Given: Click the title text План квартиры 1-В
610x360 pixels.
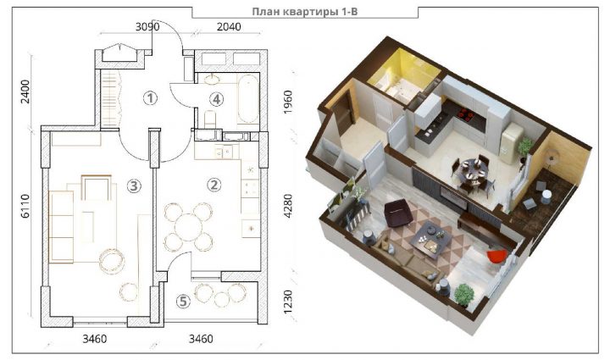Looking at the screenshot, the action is click(305, 12).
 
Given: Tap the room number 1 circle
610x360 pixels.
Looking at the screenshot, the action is click(150, 98).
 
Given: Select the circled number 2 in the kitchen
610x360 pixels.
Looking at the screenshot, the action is click(214, 185).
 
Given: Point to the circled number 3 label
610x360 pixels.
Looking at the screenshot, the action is click(134, 186).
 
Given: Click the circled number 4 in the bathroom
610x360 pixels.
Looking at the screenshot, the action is click(217, 99).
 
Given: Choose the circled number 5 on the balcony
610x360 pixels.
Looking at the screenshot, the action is click(183, 302).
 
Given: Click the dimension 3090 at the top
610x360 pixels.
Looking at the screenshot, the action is click(147, 27).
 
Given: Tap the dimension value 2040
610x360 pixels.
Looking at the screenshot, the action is click(229, 27).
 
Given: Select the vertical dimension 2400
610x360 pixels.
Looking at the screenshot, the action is click(25, 91).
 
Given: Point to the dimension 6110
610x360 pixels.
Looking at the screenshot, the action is click(25, 206).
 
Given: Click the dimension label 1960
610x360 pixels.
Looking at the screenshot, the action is click(288, 102).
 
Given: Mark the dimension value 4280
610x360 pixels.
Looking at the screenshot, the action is click(288, 206).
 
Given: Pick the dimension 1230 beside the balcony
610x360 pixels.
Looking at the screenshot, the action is click(288, 302).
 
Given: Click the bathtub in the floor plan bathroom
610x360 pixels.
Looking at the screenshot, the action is click(248, 98).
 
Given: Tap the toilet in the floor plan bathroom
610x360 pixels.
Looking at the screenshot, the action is click(210, 119).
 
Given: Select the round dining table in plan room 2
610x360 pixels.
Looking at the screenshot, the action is click(188, 227).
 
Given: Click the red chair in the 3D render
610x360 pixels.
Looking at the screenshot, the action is click(496, 256).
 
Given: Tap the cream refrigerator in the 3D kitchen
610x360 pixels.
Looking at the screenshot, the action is click(510, 142).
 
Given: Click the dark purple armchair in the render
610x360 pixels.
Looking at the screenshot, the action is click(397, 213).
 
